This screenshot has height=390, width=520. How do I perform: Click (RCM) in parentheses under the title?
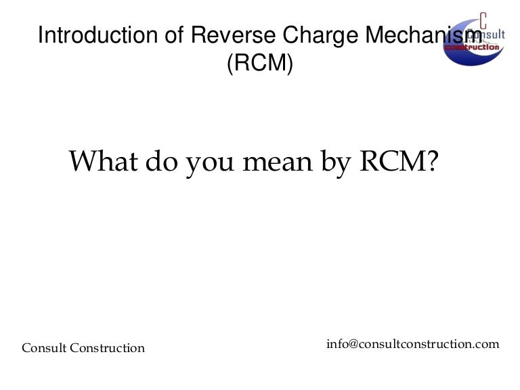pos(260,63)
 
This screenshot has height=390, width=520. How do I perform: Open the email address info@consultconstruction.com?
pos(413,344)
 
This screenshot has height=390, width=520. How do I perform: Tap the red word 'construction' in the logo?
pos(482,47)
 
